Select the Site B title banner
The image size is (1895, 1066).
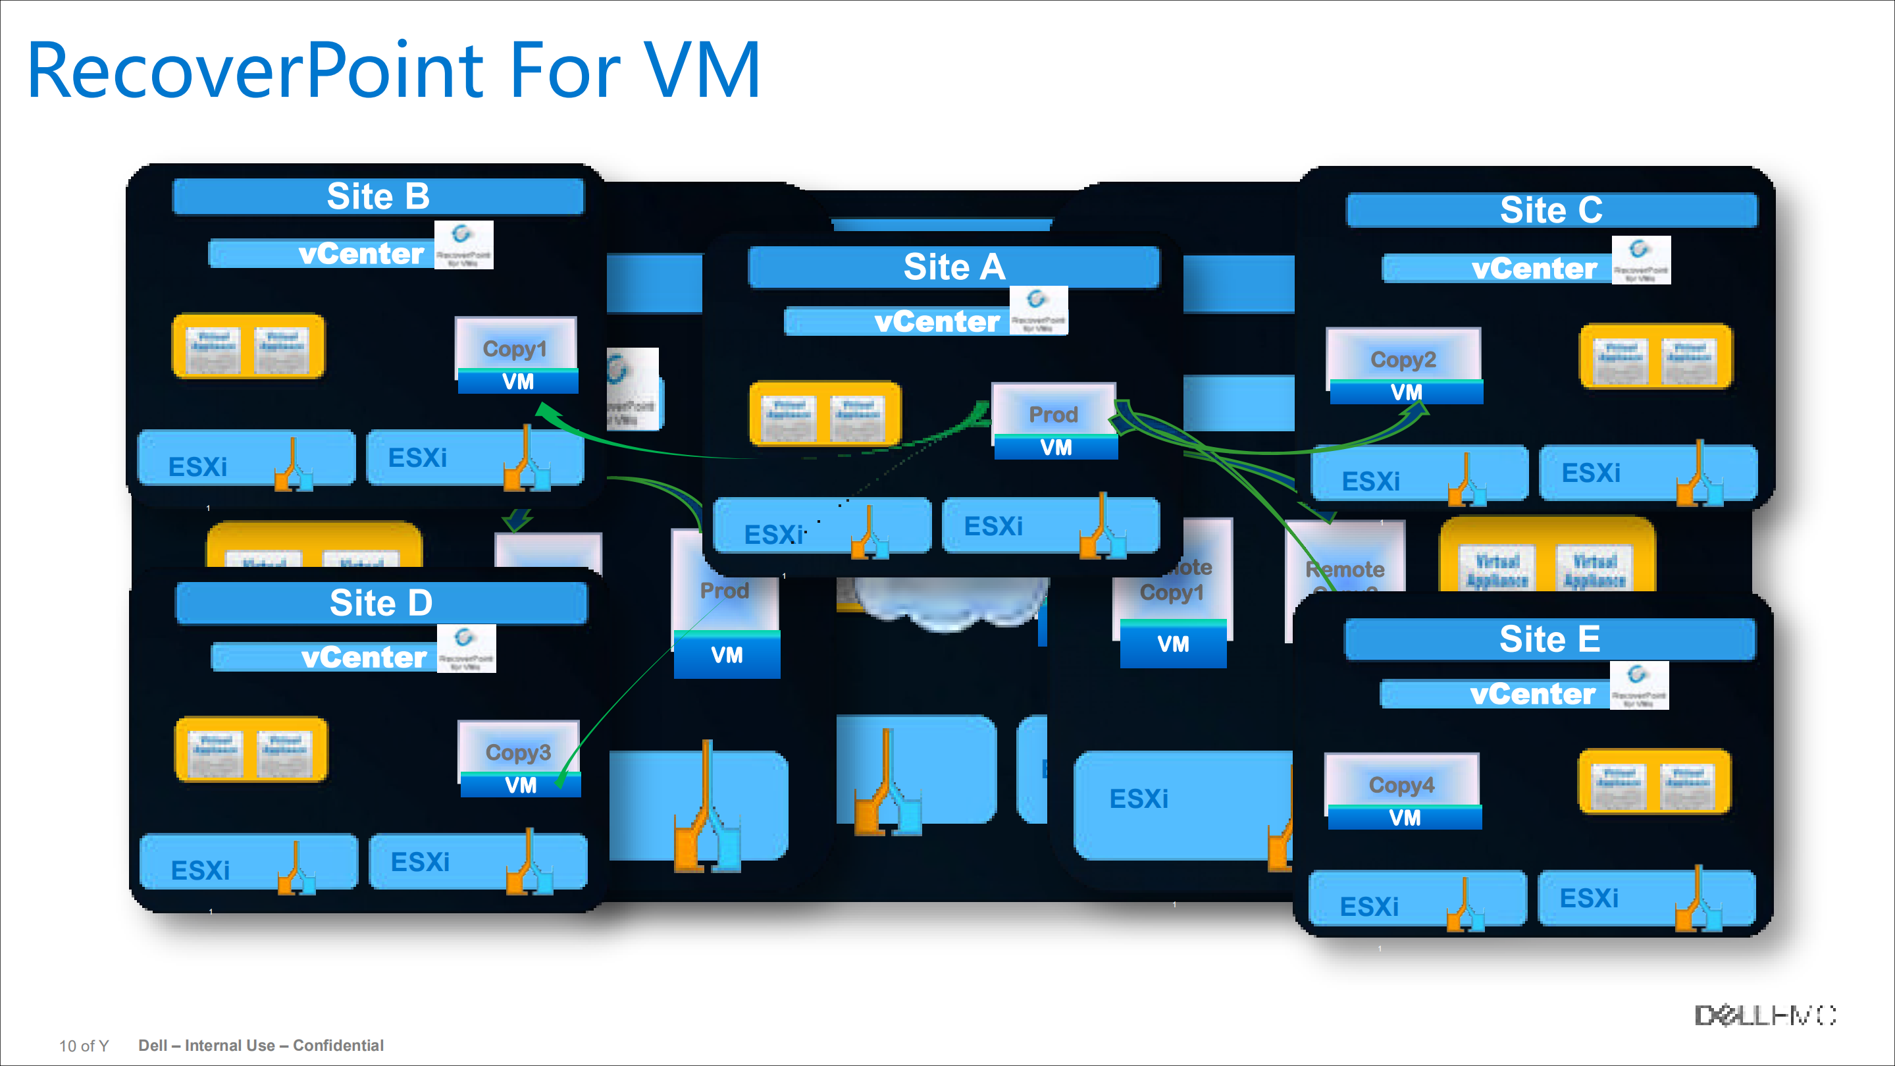click(378, 196)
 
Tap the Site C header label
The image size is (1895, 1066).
click(1551, 211)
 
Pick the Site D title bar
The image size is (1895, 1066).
click(381, 603)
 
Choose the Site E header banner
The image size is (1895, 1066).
click(1549, 639)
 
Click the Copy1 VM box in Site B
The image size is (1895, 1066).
click(517, 356)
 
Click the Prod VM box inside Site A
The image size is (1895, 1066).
click(1054, 422)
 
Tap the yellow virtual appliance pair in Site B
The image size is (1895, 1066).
click(248, 346)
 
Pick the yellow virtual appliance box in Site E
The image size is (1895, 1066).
click(1655, 782)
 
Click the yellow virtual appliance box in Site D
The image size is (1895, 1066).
click(251, 749)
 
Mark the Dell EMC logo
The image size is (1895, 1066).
click(1765, 1015)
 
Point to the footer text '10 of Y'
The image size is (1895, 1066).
click(84, 1046)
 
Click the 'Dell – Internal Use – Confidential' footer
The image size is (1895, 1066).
click(261, 1046)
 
